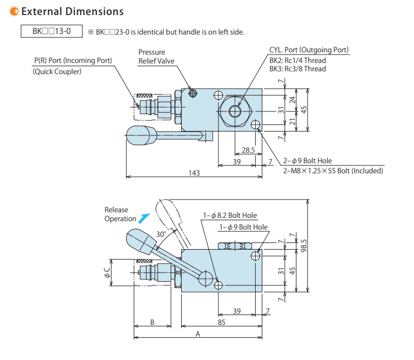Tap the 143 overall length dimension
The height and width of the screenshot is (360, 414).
[194, 173]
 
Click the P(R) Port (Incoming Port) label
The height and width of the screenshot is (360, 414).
[72, 60]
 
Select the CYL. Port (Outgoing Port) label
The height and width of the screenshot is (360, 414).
[309, 50]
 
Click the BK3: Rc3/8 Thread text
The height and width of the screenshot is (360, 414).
[298, 69]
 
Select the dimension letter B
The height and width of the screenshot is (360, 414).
[153, 322]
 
